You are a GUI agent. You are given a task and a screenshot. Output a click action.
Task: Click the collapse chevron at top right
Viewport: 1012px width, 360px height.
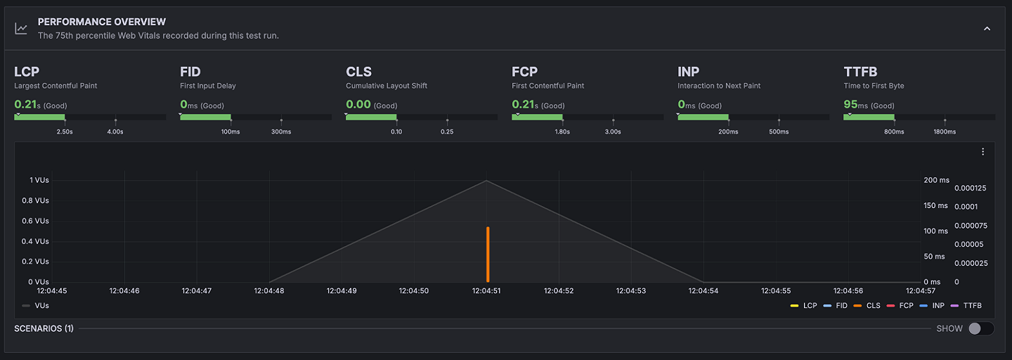[x=987, y=29]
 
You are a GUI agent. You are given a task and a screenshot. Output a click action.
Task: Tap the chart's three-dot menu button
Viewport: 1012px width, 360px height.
[x=982, y=152]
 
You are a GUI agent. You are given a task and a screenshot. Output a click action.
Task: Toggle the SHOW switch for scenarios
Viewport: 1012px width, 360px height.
[x=980, y=328]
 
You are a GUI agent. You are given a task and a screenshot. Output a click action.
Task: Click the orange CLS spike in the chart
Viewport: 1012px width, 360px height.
[x=487, y=254]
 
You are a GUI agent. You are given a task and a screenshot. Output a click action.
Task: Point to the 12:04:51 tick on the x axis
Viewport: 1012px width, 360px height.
[x=487, y=290]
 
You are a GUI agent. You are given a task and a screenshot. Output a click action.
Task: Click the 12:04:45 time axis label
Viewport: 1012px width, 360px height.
[x=52, y=290]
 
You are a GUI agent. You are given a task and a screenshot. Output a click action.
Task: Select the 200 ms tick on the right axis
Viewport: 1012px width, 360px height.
[x=936, y=180]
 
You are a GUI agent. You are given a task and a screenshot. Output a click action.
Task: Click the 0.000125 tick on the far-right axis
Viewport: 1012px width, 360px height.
[x=971, y=188]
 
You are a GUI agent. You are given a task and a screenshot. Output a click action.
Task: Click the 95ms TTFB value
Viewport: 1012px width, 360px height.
[x=855, y=105]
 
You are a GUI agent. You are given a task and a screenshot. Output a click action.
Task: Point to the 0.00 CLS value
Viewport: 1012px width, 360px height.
[x=358, y=105]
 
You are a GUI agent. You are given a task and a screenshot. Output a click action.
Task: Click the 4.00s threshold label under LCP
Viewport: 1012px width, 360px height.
[x=115, y=131]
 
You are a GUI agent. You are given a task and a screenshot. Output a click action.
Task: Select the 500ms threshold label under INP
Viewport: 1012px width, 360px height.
[x=779, y=131]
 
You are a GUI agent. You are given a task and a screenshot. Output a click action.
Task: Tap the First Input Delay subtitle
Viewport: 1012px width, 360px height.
[x=208, y=86]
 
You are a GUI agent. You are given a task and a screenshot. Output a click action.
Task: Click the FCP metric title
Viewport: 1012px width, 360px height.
[x=524, y=72]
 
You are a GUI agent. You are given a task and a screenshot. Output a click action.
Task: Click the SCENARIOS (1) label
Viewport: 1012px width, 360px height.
[x=44, y=328]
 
